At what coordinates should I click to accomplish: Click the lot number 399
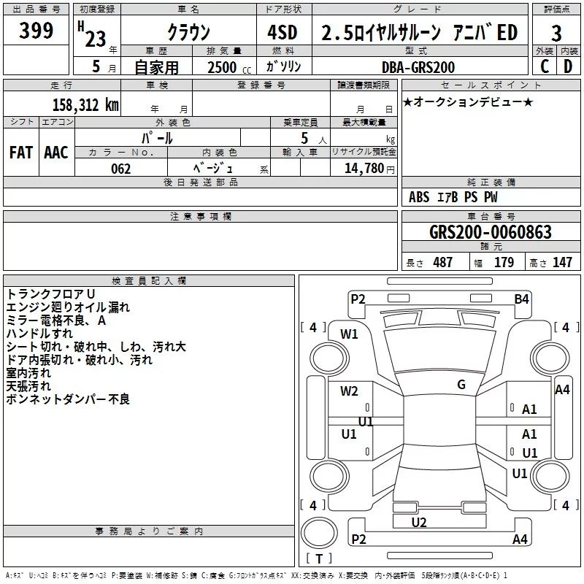tap(36, 31)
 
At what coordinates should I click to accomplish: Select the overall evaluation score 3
tap(556, 34)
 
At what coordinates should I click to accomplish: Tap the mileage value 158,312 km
tap(85, 104)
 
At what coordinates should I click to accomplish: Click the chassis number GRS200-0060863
tap(490, 233)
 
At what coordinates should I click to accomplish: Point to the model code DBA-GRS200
tap(418, 67)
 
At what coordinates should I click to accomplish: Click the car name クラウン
tap(188, 33)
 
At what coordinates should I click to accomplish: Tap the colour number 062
tap(120, 169)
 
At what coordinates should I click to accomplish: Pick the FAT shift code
tap(21, 153)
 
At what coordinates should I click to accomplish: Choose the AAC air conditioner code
tap(55, 153)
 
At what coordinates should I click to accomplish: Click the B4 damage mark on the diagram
tap(521, 299)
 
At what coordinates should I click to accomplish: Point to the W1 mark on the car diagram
tap(350, 334)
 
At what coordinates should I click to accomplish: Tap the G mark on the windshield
tap(461, 385)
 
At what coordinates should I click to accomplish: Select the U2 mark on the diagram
tap(419, 522)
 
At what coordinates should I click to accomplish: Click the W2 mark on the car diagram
tap(350, 391)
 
